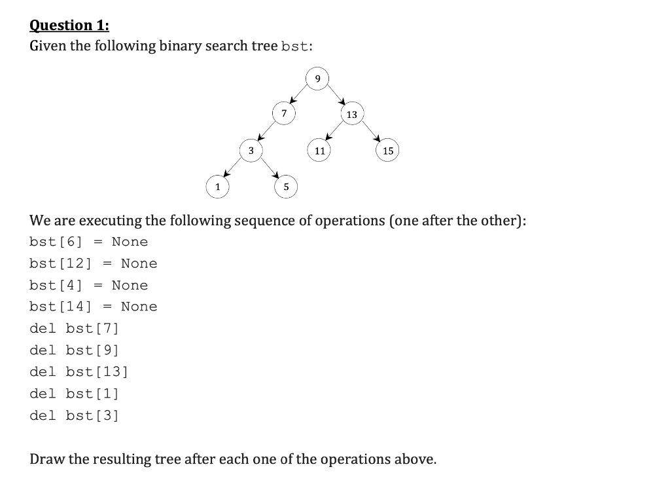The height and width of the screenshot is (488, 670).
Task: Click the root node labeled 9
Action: pos(317,79)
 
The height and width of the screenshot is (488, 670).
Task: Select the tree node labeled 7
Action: pos(283,114)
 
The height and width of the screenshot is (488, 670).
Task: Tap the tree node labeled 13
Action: pos(352,115)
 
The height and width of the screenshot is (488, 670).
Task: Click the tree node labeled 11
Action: pos(319,151)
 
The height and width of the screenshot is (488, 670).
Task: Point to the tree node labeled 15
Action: pos(388,151)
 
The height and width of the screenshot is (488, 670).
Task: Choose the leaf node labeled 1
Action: pos(217,187)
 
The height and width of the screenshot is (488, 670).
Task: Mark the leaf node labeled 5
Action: pos(285,187)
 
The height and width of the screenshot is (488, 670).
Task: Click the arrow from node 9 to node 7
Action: pos(300,96)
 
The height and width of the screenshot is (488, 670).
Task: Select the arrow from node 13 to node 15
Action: pos(370,132)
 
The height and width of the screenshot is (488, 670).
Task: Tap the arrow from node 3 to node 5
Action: pos(268,169)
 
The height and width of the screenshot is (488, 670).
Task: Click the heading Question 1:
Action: pos(69,26)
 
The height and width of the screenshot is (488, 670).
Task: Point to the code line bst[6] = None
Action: pos(88,242)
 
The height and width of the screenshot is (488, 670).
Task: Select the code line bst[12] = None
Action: pos(93,263)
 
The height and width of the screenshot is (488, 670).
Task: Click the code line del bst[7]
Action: pos(74,328)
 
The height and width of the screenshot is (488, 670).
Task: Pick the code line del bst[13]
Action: pos(79,371)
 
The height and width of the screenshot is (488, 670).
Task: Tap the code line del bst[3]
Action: pos(74,415)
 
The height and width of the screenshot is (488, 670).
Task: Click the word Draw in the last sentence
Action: pos(47,459)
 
